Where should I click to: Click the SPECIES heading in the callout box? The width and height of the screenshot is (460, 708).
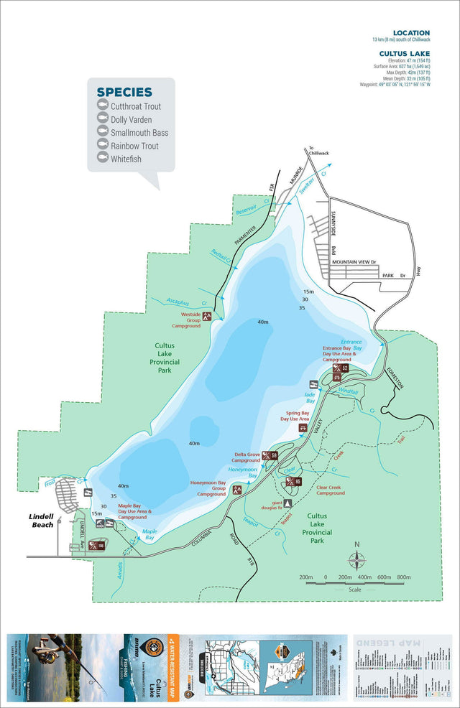pyautogui.click(x=124, y=92)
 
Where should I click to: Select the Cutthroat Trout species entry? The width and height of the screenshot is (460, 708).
pyautogui.click(x=135, y=107)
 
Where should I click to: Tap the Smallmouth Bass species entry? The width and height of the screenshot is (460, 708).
pyautogui.click(x=139, y=133)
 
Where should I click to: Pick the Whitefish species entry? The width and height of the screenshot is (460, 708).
pyautogui.click(x=126, y=159)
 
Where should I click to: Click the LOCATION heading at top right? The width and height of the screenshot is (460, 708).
pyautogui.click(x=411, y=33)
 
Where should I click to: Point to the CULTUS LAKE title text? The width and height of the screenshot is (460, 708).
pyautogui.click(x=405, y=53)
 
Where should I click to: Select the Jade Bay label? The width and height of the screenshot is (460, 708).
pyautogui.click(x=310, y=396)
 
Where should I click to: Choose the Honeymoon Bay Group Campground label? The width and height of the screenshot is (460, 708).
pyautogui.click(x=208, y=488)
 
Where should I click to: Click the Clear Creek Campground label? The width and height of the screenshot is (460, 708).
pyautogui.click(x=331, y=490)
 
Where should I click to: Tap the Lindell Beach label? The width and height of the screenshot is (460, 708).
pyautogui.click(x=42, y=520)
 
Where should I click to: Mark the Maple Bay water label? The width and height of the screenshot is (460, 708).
pyautogui.click(x=149, y=534)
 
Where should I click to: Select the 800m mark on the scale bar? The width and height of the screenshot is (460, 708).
pyautogui.click(x=403, y=577)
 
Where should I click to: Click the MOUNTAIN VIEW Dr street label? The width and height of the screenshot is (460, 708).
pyautogui.click(x=354, y=264)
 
